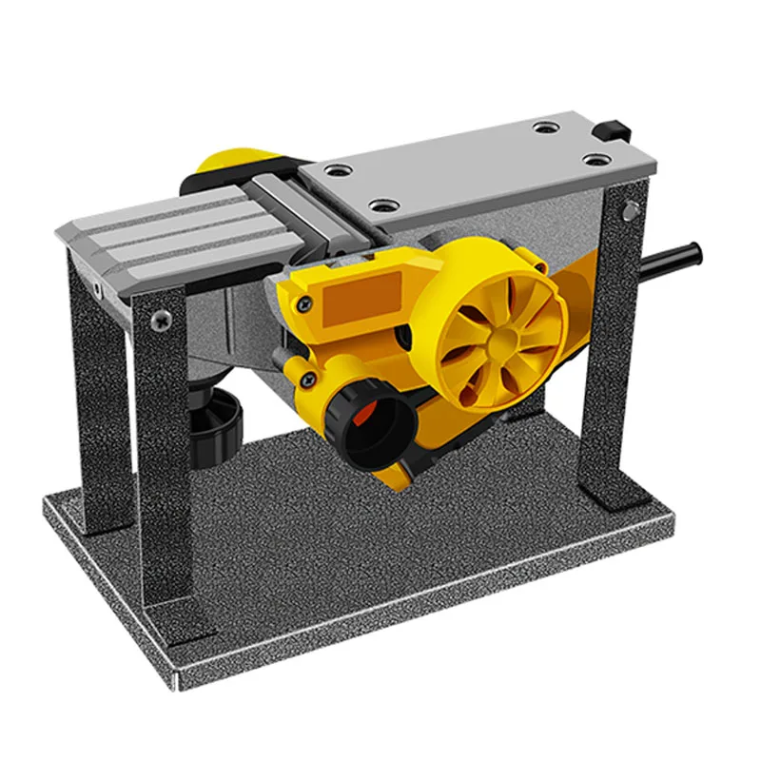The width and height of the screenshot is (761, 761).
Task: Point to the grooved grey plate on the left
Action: click(162, 238)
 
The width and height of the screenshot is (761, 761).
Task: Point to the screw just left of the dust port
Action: click(307, 380)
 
